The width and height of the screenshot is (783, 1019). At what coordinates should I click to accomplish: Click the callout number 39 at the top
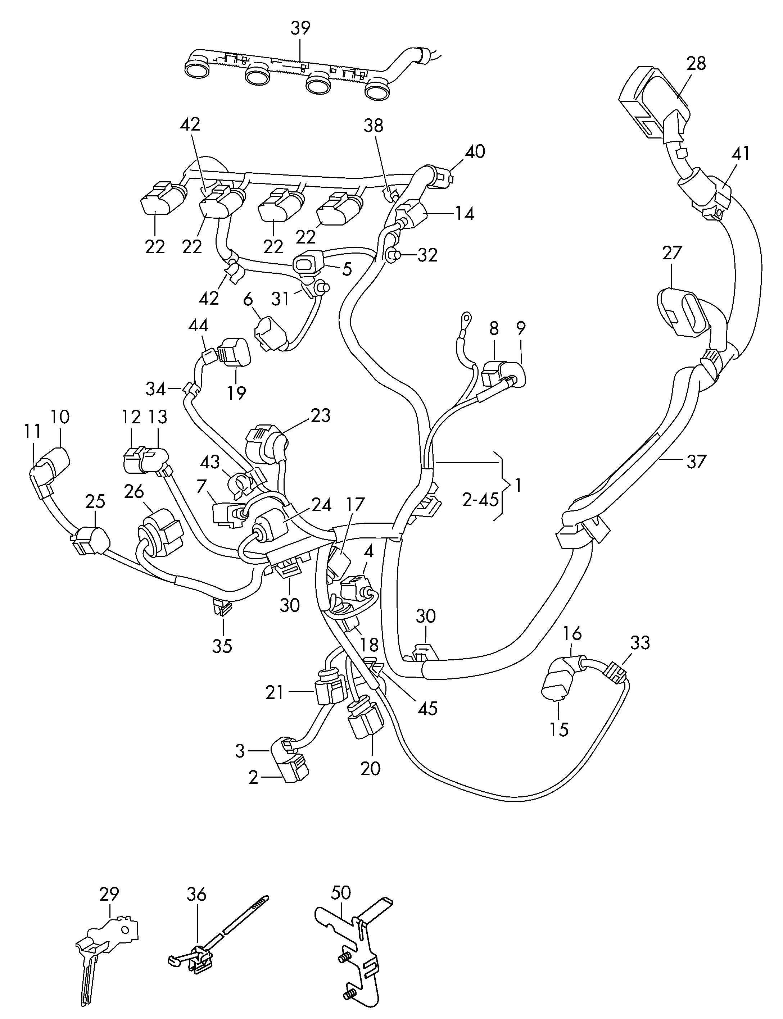tap(300, 28)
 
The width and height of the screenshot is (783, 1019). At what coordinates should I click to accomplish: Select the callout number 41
tap(741, 153)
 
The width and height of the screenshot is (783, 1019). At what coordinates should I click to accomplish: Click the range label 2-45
tap(480, 500)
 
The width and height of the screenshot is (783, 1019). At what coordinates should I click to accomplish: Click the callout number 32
tap(427, 255)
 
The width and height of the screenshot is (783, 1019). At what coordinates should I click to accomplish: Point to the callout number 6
tap(248, 300)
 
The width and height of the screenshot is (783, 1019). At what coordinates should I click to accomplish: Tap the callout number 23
tap(321, 415)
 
